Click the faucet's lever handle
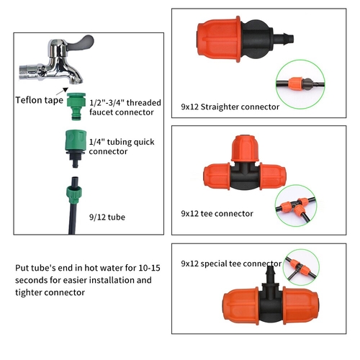tap(81, 42)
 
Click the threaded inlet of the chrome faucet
tap(28, 71)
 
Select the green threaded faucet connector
tap(76, 106)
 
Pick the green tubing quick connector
tap(76, 148)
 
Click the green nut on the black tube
tap(74, 194)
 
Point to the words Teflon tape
tap(40, 100)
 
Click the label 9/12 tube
tap(107, 217)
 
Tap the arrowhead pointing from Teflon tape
tap(66, 89)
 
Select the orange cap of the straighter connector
tap(219, 39)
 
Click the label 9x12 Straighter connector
tap(230, 107)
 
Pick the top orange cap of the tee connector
tap(245, 148)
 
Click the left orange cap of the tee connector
tap(217, 176)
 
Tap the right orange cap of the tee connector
tap(273, 176)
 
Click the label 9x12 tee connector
tap(217, 214)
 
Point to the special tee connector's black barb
tap(270, 275)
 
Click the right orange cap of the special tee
tap(301, 305)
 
